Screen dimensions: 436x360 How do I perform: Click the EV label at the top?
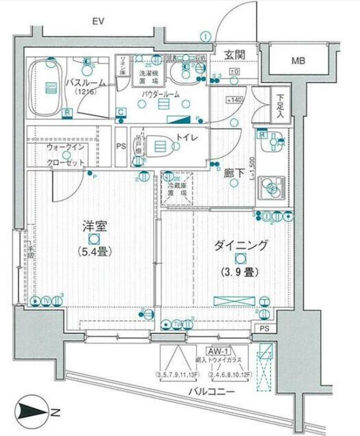[x=96, y=22]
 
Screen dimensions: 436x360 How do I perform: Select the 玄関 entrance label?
[x=234, y=54]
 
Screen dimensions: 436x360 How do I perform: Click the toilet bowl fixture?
[x=160, y=146]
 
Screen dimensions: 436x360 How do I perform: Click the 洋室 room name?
[x=93, y=226]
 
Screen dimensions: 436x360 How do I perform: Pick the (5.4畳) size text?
[x=94, y=252]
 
